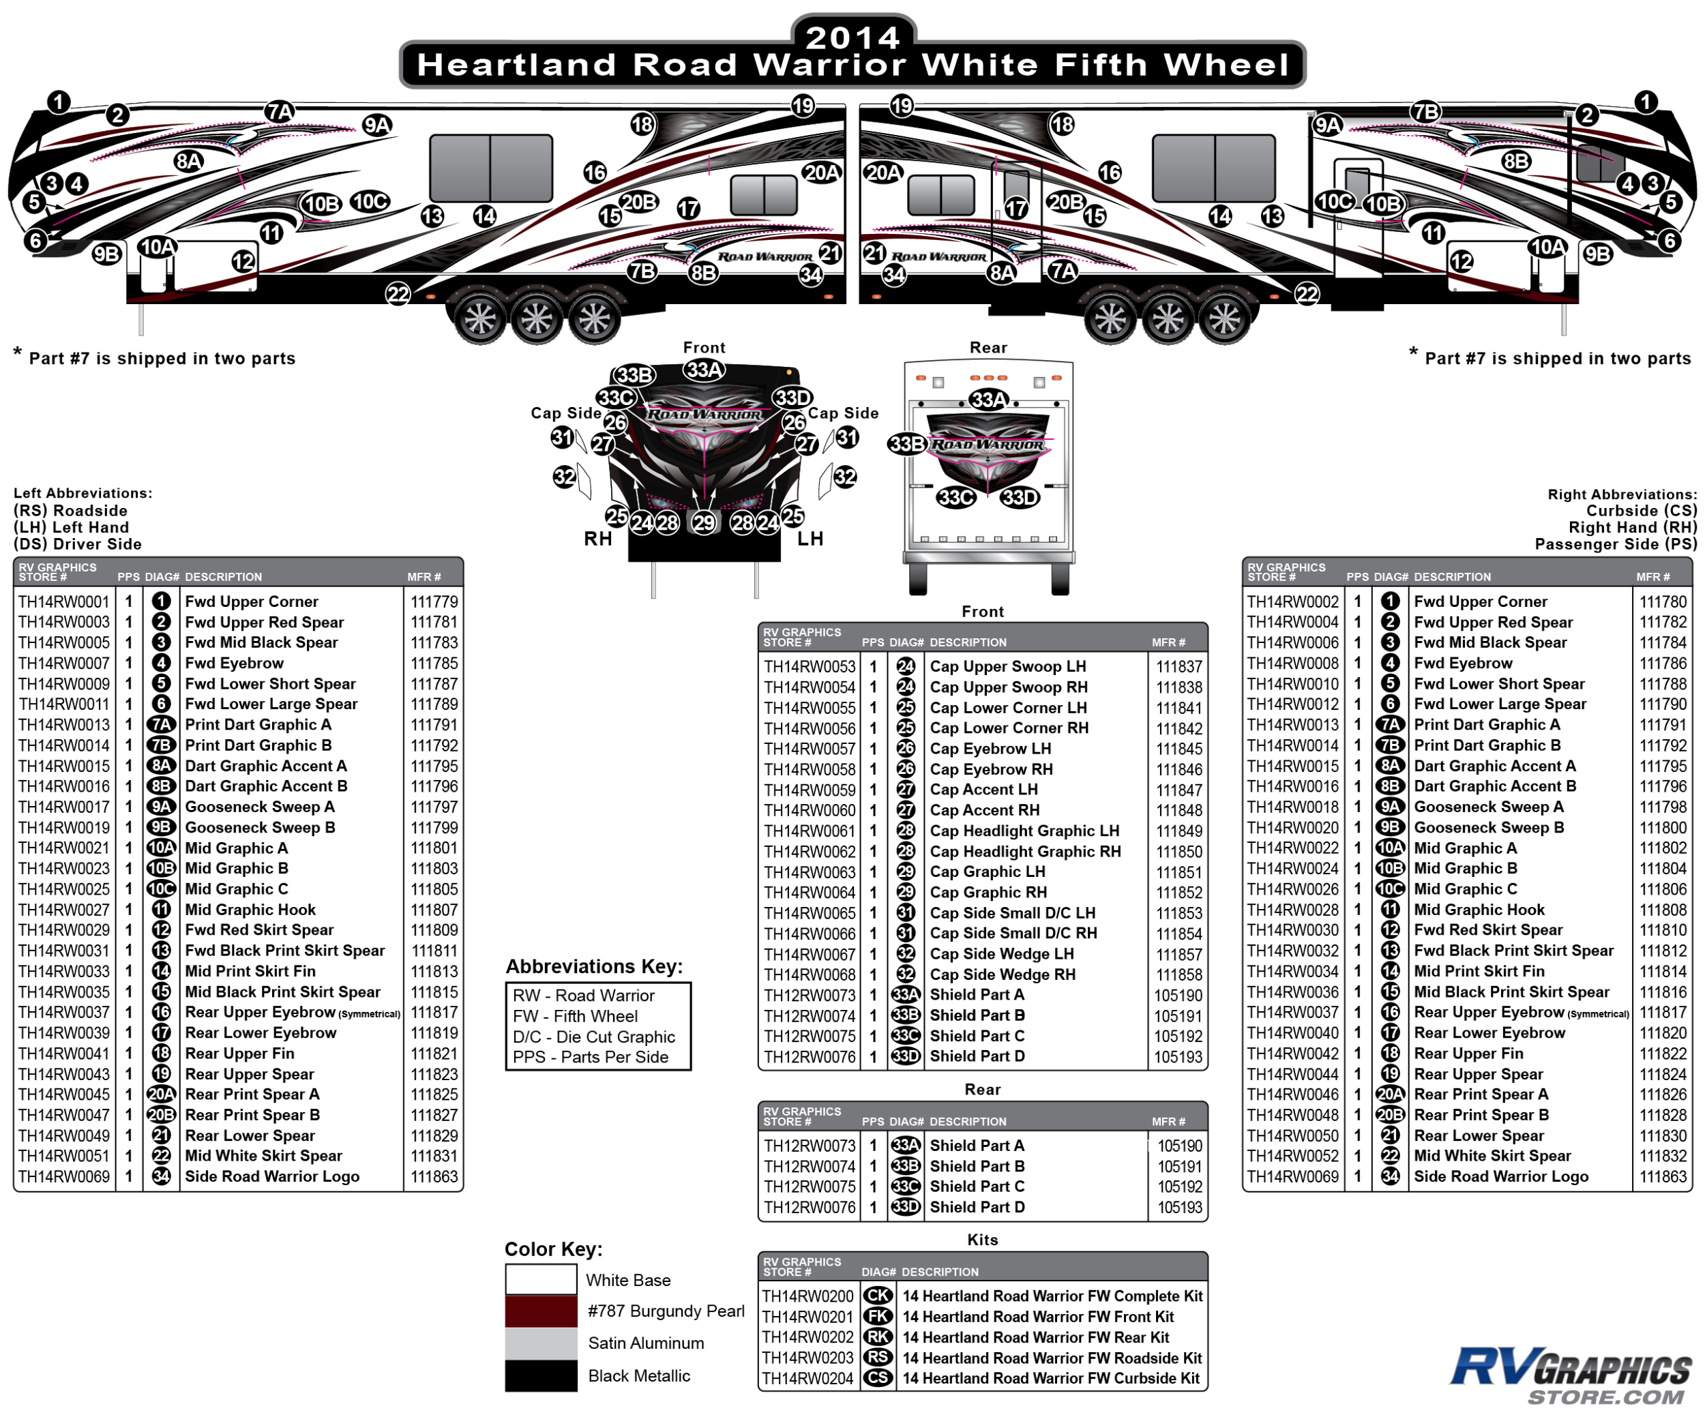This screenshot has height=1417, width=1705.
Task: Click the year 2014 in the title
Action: (x=853, y=38)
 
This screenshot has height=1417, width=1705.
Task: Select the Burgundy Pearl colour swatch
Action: (x=541, y=1311)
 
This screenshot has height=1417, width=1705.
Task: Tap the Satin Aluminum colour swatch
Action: (x=541, y=1343)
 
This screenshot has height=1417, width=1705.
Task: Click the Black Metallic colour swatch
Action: (x=541, y=1375)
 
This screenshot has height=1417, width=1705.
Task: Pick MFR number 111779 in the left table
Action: (x=434, y=601)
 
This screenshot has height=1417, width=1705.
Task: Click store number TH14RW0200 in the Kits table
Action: (x=808, y=1296)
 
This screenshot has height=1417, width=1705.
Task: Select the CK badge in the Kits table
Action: (x=878, y=1296)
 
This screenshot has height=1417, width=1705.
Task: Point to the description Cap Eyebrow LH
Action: (x=990, y=748)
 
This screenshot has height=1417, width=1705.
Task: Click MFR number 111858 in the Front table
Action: (x=1179, y=974)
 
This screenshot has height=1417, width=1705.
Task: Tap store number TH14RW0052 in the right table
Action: (x=1292, y=1156)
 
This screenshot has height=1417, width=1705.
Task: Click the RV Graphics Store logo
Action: (x=1571, y=1375)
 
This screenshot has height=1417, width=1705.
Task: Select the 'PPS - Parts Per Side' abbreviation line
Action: (x=590, y=1057)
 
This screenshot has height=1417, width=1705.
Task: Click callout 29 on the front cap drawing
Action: (x=704, y=522)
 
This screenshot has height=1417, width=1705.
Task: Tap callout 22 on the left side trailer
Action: (x=398, y=294)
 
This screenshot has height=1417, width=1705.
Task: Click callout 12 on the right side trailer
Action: (x=1462, y=261)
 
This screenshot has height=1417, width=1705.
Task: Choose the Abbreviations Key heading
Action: (x=594, y=966)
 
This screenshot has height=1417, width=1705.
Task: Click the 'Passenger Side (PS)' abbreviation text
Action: (x=1616, y=543)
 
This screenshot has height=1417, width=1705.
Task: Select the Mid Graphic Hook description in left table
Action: (x=250, y=910)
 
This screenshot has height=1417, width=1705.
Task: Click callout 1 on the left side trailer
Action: (x=59, y=102)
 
